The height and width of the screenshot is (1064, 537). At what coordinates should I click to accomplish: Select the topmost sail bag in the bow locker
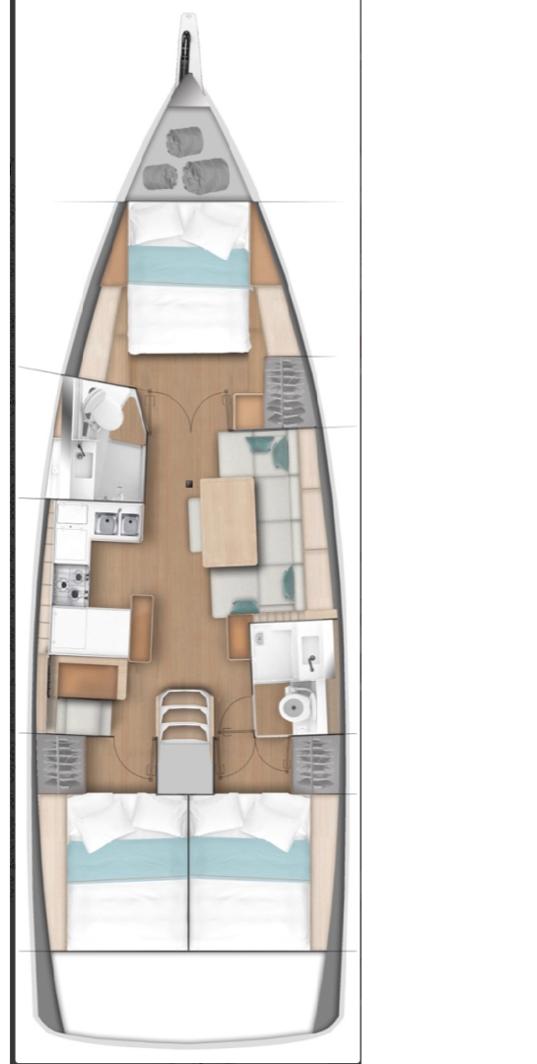click(184, 142)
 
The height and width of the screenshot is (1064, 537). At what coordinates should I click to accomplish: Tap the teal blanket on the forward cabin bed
click(188, 264)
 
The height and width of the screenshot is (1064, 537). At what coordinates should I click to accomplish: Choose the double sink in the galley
click(117, 523)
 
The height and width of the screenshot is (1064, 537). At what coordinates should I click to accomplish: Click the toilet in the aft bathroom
click(295, 705)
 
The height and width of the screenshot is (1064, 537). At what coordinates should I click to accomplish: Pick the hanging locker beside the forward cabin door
click(287, 392)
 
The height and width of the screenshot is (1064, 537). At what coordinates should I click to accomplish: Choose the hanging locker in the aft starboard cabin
click(316, 763)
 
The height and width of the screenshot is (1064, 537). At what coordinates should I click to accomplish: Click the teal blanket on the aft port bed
click(126, 859)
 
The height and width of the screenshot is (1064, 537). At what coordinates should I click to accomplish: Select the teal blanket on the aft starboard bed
click(249, 859)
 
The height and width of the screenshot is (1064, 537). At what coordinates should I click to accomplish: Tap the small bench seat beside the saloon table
click(194, 524)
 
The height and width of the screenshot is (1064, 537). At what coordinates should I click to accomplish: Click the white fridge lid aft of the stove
click(91, 632)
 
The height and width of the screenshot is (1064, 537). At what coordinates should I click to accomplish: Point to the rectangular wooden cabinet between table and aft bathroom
click(239, 636)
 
